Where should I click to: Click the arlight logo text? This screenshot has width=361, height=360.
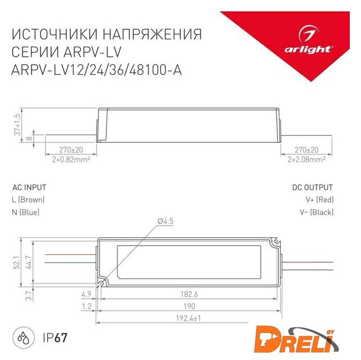[x=308, y=49]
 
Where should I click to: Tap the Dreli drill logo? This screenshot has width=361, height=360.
[x=296, y=342]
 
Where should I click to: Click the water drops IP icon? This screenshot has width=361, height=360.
[x=23, y=337]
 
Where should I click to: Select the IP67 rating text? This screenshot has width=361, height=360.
[x=55, y=337]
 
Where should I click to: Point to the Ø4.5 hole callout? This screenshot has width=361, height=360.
[x=165, y=221]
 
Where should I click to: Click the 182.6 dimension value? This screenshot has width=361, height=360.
[x=189, y=294]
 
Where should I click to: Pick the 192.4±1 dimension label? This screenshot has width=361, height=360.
[x=188, y=318]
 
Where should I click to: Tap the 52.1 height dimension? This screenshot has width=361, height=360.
[x=16, y=262]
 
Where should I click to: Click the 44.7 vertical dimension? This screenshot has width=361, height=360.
[x=29, y=262]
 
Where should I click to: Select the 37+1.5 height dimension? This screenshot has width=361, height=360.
[x=17, y=125]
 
